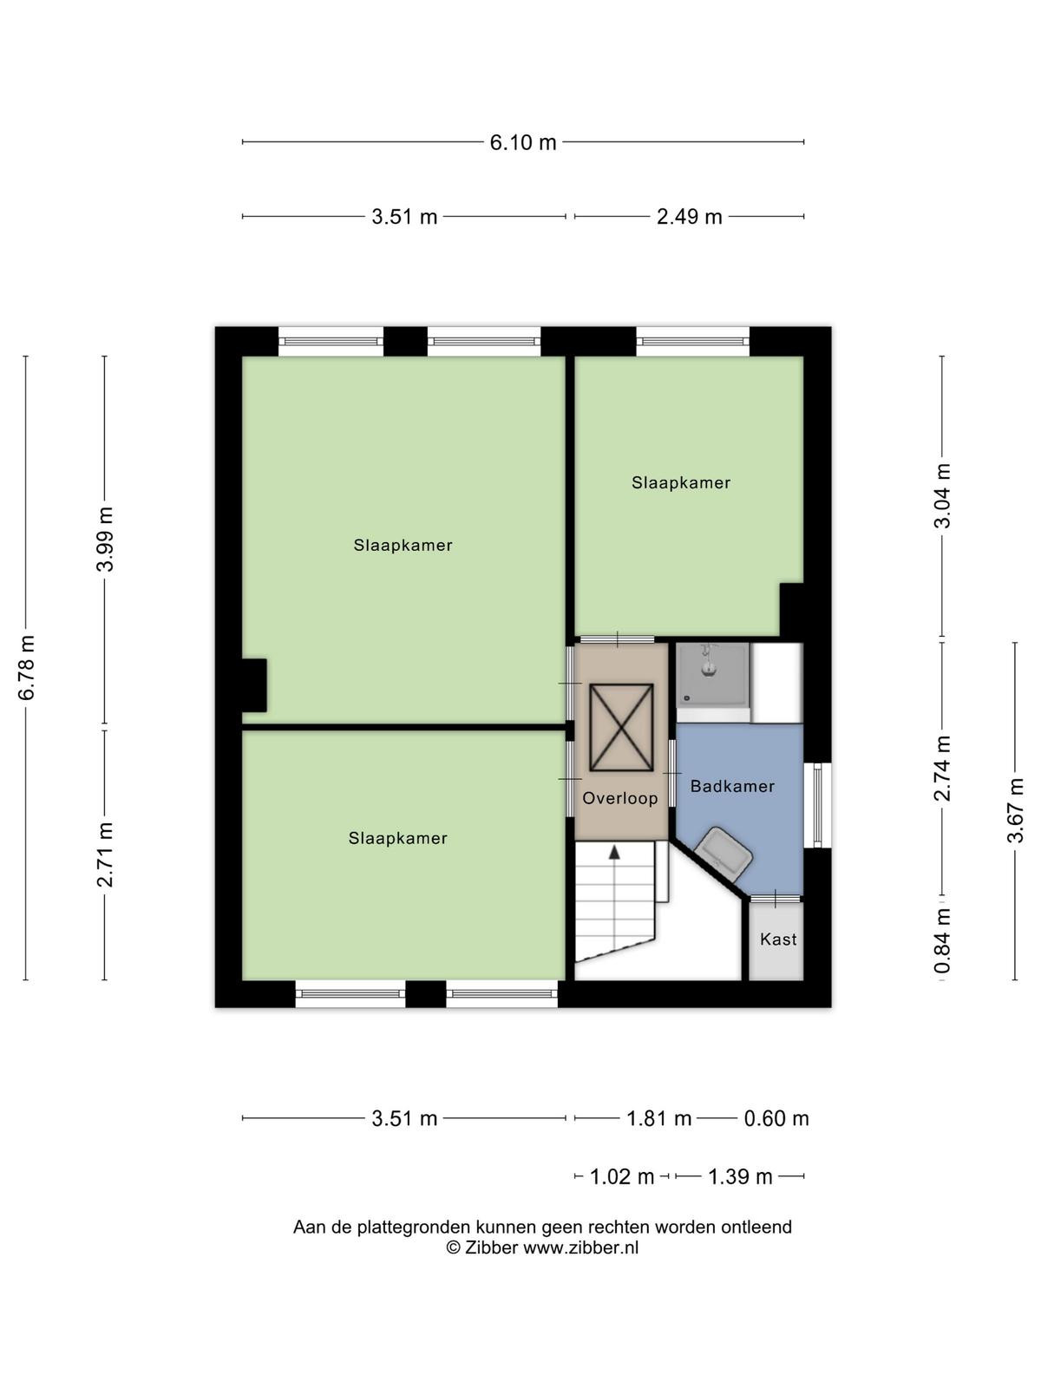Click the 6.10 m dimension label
pos(523,142)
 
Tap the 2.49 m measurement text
pos(689,217)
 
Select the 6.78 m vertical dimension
pos(27,667)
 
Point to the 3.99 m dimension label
pos(105,539)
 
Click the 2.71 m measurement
pos(105,854)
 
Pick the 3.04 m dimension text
pos(942,495)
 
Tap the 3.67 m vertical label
pos(1015,810)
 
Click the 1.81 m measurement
pos(658,1118)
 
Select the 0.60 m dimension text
pos(776,1118)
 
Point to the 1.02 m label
pos(622,1177)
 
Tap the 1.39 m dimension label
pos(739,1177)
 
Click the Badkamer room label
pos(732,786)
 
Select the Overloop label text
pos(620,799)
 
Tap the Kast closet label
pos(778,939)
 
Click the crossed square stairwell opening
pos(621,728)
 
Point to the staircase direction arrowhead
pos(614,853)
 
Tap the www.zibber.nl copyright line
pos(542,1247)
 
